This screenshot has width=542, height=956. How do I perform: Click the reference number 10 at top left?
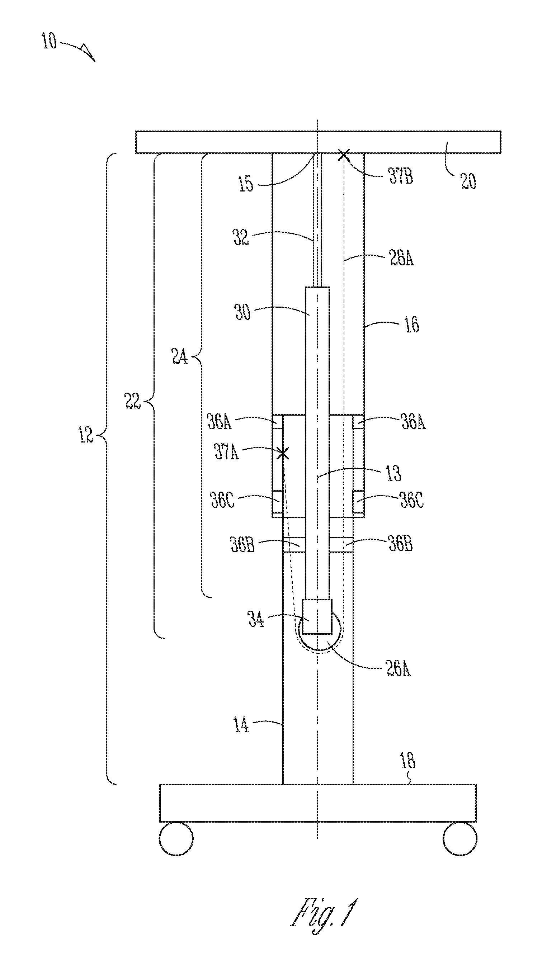point(49,41)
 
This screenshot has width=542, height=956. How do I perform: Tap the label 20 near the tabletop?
point(468,181)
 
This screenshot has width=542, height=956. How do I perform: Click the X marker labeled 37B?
point(344,155)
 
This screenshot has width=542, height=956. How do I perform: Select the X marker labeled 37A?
point(283,454)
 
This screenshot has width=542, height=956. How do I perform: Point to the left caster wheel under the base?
point(176,839)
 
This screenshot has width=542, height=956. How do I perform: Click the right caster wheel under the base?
point(460,839)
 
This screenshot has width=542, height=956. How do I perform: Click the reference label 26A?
point(398,669)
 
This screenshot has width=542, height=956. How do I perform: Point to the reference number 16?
point(411,324)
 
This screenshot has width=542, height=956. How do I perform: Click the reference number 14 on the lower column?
point(241,725)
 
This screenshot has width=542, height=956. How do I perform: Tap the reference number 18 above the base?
point(407,760)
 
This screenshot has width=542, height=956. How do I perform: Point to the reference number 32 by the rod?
point(241,237)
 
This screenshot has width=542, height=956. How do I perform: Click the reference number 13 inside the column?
point(393,473)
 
